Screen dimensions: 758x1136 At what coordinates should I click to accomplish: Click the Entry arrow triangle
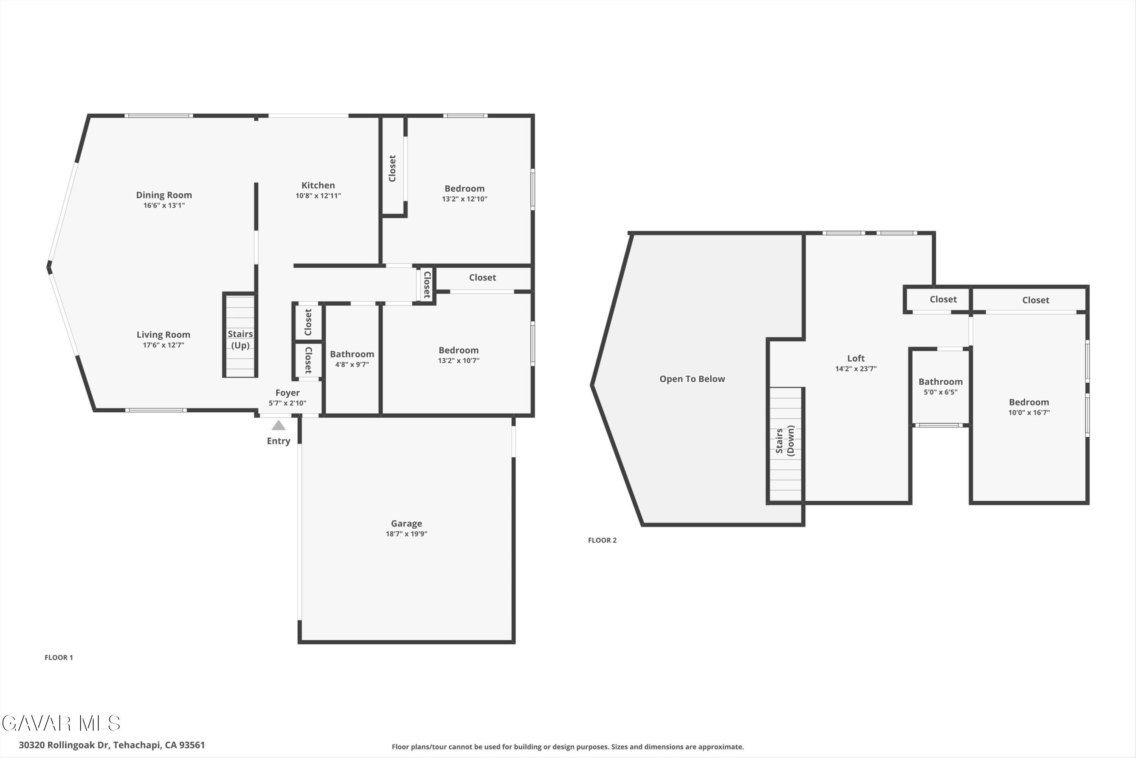click(x=278, y=425)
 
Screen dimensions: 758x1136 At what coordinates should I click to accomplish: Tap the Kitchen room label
click(x=318, y=185)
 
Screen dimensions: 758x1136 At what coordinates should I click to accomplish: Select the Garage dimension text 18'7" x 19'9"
click(x=406, y=534)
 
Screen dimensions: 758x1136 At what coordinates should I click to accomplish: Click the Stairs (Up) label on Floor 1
click(x=240, y=339)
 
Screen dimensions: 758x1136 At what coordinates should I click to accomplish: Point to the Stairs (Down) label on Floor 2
click(x=784, y=440)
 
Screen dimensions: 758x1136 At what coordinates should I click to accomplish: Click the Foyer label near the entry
click(x=287, y=393)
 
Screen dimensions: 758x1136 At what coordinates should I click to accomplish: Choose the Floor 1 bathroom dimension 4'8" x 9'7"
click(x=352, y=365)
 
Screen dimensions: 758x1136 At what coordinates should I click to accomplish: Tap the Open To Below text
click(x=692, y=379)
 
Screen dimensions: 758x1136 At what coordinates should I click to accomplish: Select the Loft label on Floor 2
click(x=855, y=358)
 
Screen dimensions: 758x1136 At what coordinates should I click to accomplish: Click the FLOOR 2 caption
click(x=602, y=540)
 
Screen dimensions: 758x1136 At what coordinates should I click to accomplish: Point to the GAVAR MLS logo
click(x=61, y=723)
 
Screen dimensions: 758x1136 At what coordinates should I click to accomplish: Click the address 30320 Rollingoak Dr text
click(x=112, y=745)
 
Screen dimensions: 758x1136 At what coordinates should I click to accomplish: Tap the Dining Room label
click(x=164, y=195)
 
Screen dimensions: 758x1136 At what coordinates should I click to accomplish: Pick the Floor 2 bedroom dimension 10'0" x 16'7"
click(x=1029, y=412)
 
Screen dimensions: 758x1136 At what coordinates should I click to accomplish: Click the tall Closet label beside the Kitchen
click(x=392, y=168)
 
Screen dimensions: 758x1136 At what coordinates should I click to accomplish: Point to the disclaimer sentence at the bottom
click(x=568, y=747)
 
